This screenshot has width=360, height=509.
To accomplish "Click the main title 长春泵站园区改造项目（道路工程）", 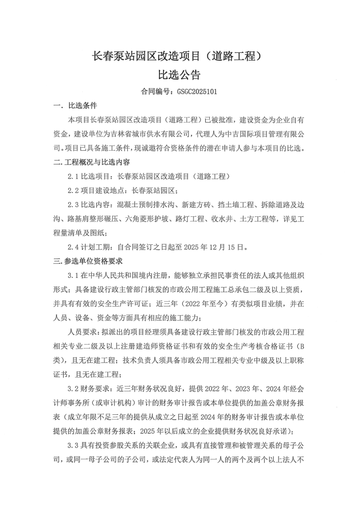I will point(180,55).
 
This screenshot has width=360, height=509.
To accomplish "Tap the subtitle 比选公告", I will point(179,76).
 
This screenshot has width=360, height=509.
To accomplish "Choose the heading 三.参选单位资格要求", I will point(88,262).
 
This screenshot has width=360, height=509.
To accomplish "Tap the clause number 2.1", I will point(73,177).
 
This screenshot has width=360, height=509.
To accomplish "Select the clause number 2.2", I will point(73,191).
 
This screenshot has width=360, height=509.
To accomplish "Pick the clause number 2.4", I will point(73,248).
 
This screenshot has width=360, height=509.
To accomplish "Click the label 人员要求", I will point(81,332).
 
